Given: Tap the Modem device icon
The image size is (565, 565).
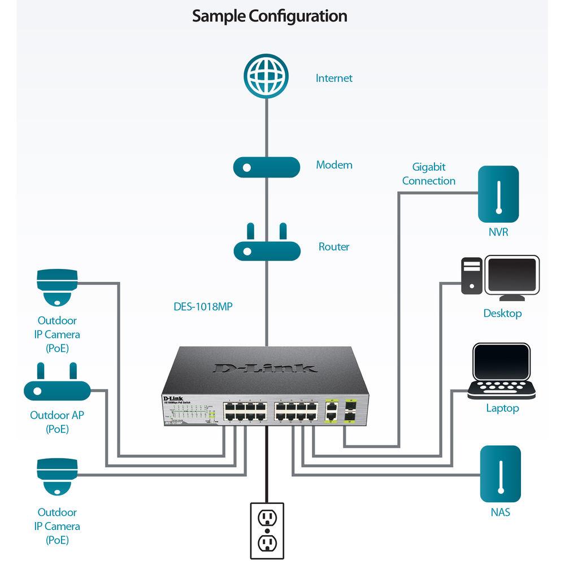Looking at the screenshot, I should (266, 167).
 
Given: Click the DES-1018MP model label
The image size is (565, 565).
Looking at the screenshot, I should (203, 307).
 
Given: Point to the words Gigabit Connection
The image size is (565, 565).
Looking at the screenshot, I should (428, 174).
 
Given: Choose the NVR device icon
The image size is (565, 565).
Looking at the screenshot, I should (498, 194).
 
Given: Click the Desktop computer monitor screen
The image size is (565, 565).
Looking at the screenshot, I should (512, 276).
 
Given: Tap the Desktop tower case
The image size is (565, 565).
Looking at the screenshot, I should (472, 276).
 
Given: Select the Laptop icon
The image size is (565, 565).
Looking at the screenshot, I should (502, 371).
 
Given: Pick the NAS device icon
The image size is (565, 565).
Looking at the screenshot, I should (500, 474).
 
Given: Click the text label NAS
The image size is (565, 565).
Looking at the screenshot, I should (500, 512).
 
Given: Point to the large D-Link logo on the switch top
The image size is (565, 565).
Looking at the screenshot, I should (266, 367).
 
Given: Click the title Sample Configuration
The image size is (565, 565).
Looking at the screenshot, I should (270, 16).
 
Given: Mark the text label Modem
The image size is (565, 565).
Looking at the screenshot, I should (334, 165).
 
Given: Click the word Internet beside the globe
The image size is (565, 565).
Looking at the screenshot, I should (334, 78).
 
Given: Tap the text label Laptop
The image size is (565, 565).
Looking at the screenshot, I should (502, 408).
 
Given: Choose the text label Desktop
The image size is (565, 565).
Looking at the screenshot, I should (502, 313).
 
